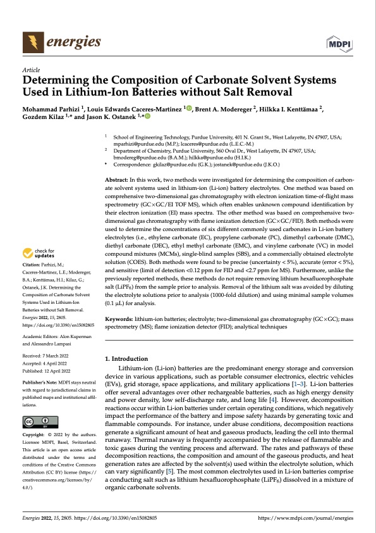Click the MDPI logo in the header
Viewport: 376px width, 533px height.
point(339,42)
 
